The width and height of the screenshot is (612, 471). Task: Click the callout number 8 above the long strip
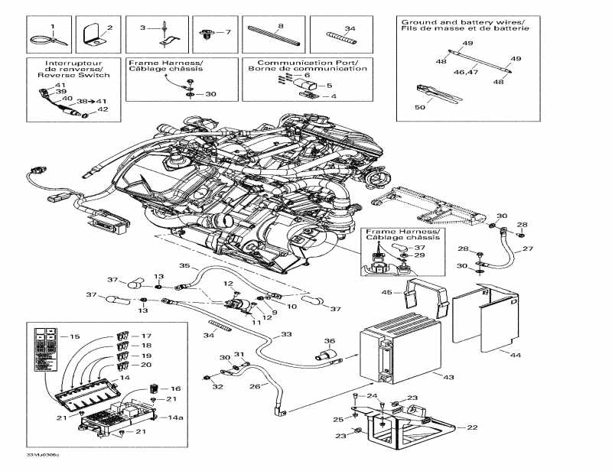281,27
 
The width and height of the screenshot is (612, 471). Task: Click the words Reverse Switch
68,76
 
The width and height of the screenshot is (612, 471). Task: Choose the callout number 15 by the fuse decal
73,337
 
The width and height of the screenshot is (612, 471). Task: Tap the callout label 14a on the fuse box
176,418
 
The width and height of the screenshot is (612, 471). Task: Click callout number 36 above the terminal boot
329,341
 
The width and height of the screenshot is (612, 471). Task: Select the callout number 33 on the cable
285,334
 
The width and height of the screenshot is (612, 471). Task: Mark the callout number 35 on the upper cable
184,266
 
